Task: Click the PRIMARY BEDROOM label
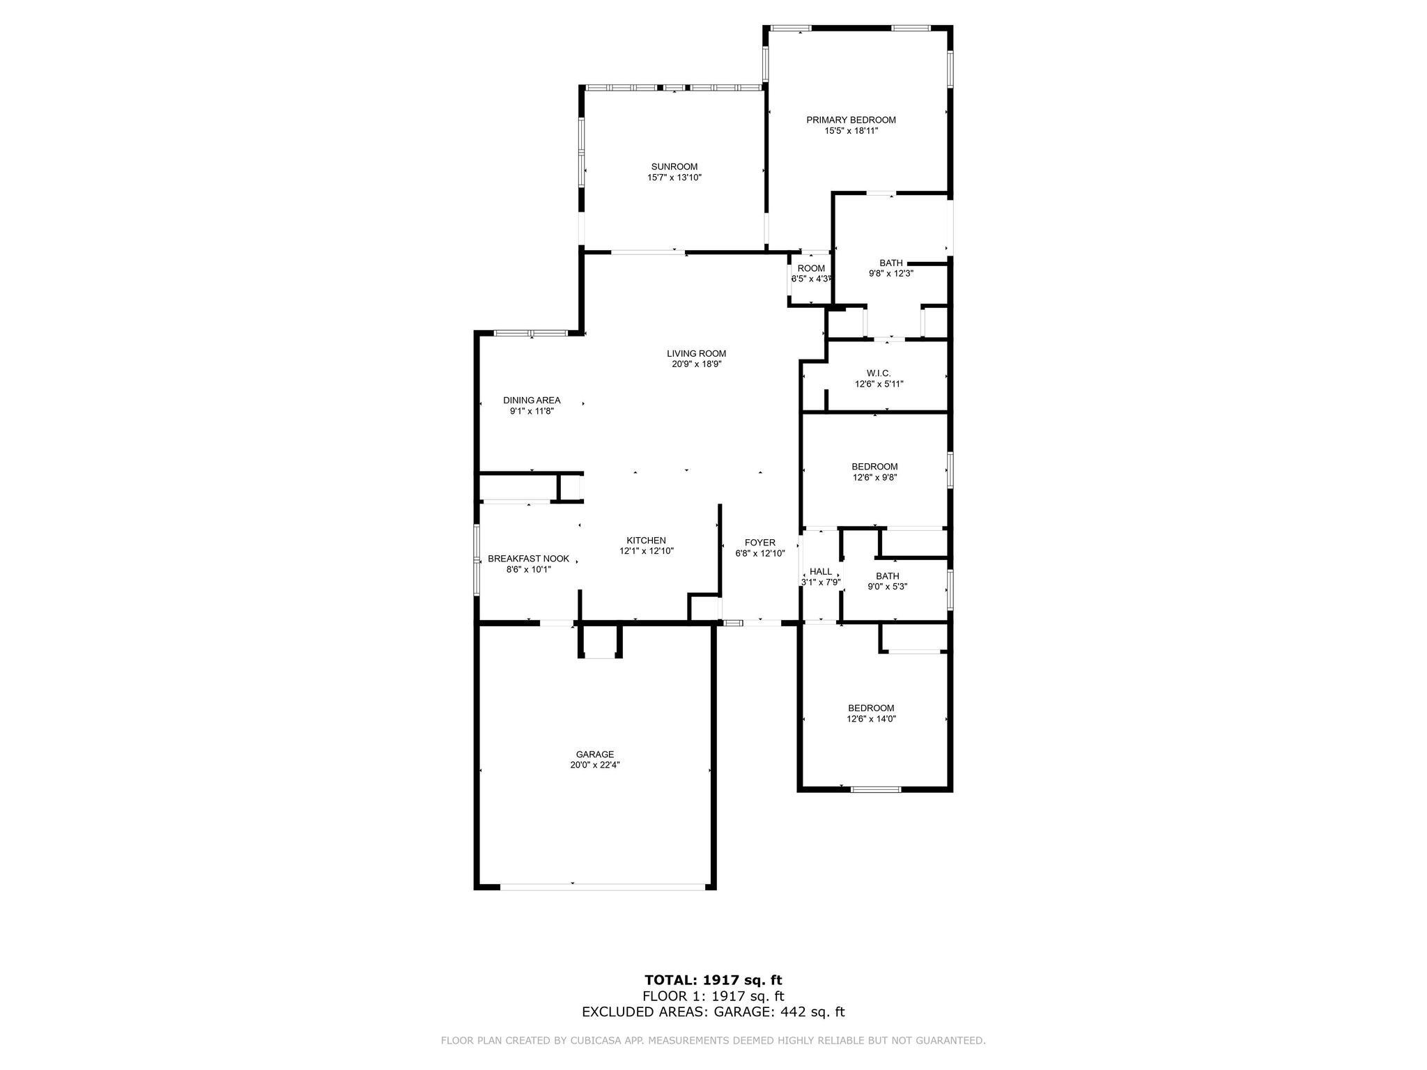pyautogui.click(x=851, y=120)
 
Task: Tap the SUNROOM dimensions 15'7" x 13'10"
pyautogui.click(x=674, y=178)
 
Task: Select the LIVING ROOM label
pyautogui.click(x=696, y=353)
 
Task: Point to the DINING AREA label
pyautogui.click(x=532, y=401)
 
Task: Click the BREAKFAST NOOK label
pyautogui.click(x=528, y=559)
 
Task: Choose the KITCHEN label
pyautogui.click(x=646, y=541)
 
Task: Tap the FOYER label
pyautogui.click(x=759, y=543)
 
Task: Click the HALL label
pyautogui.click(x=820, y=571)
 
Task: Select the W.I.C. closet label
pyautogui.click(x=879, y=373)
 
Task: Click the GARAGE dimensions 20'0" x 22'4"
pyautogui.click(x=594, y=765)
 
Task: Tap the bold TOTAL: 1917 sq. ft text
pyautogui.click(x=713, y=981)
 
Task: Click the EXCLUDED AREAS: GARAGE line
pyautogui.click(x=713, y=1012)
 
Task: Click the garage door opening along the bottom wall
pyautogui.click(x=602, y=887)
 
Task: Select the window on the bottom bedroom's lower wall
pyautogui.click(x=875, y=789)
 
